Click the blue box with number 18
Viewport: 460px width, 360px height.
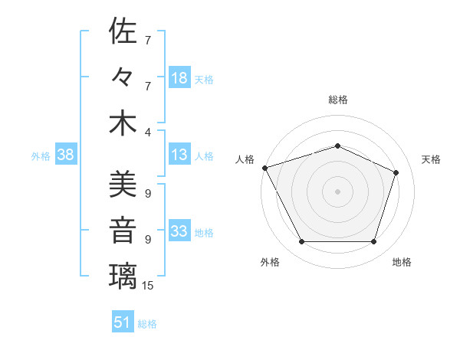tap(179, 78)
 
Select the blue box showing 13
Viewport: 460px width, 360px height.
tap(179, 155)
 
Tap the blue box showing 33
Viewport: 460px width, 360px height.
tap(179, 231)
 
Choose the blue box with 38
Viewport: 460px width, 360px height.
tap(65, 155)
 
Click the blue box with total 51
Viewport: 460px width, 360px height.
tap(122, 322)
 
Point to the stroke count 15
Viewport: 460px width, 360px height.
tap(148, 286)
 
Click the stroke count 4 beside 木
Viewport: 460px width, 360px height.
tap(148, 132)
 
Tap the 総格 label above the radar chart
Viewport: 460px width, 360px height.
tap(338, 100)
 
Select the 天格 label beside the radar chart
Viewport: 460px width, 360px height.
tap(431, 159)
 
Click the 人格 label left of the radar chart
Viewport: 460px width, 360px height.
tap(245, 159)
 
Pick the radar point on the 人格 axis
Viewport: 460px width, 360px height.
tap(264, 168)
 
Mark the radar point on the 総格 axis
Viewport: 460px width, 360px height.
tap(337, 146)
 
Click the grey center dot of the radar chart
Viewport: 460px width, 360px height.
tap(337, 191)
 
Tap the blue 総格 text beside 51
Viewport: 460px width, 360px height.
tap(147, 323)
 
